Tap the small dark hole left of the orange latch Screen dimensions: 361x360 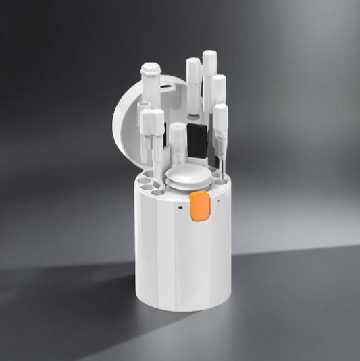181,207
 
